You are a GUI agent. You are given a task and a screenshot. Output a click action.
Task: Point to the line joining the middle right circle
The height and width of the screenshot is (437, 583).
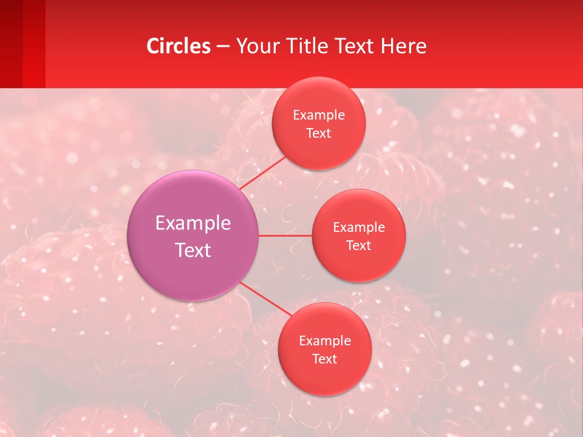285,235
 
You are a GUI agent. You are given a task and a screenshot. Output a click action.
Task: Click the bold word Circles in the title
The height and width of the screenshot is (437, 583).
179,46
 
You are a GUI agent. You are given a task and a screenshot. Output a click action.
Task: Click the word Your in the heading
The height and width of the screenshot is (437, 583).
257,46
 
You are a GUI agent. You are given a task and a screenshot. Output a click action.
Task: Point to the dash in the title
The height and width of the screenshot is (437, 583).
223,47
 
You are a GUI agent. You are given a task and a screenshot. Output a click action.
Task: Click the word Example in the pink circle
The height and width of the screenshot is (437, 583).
193,223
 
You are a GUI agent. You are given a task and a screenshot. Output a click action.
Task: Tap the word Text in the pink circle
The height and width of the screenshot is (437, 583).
193,250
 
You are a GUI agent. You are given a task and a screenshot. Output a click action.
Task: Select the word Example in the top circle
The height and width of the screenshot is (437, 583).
319,115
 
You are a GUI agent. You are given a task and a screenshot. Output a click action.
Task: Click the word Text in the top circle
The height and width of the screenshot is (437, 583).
319,133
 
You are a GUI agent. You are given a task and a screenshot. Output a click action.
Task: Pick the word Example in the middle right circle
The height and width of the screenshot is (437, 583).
359,227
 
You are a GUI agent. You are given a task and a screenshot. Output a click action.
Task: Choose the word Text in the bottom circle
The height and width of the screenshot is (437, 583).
325,359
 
